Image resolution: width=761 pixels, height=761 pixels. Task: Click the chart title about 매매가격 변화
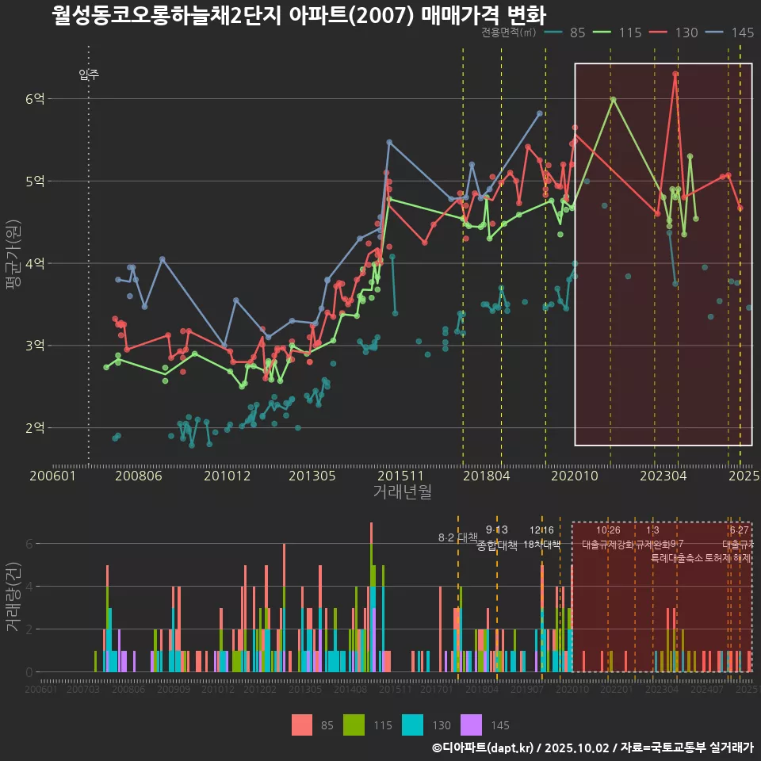pyautogui.click(x=299, y=15)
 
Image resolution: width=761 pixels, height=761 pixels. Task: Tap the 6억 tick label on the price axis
pyautogui.click(x=35, y=98)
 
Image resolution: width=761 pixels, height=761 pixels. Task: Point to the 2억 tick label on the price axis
pyautogui.click(x=35, y=428)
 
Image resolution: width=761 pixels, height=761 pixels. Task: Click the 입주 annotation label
pyautogui.click(x=89, y=75)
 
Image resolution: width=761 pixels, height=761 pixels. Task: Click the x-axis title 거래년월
pyautogui.click(x=402, y=491)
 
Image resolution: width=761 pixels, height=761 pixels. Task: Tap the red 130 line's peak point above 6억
pyautogui.click(x=675, y=74)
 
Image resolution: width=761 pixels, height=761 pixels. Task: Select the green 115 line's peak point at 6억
pyautogui.click(x=613, y=99)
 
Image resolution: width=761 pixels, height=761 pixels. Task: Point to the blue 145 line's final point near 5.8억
pyautogui.click(x=540, y=113)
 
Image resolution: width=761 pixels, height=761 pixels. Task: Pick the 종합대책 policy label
pyautogui.click(x=497, y=545)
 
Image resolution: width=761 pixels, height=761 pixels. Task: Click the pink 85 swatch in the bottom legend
pyautogui.click(x=302, y=725)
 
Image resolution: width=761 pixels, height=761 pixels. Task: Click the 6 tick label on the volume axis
pyautogui.click(x=29, y=544)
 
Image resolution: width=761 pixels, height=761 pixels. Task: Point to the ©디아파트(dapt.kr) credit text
pyautogui.click(x=487, y=747)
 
